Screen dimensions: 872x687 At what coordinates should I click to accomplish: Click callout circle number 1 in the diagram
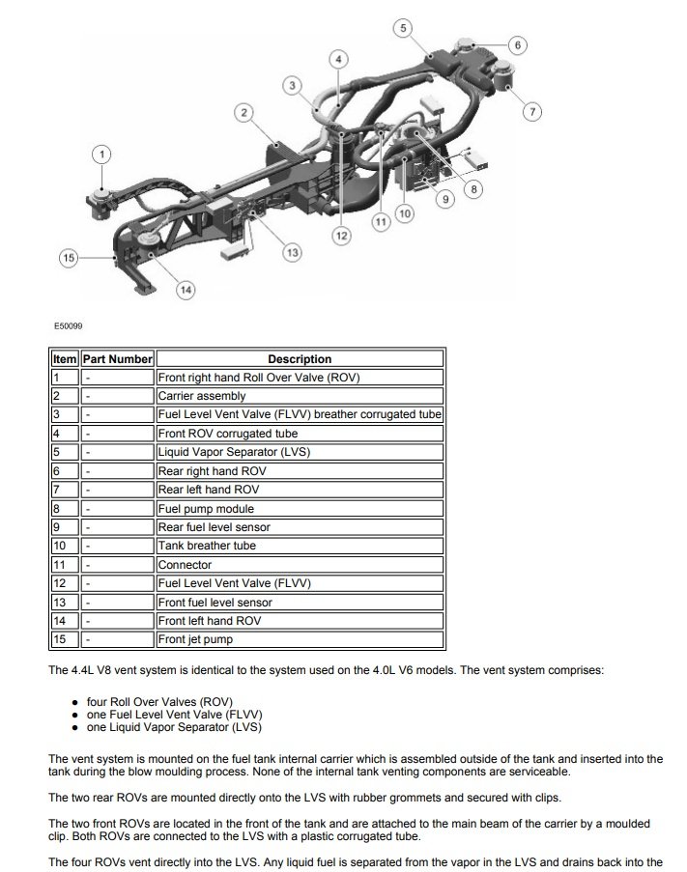click(103, 154)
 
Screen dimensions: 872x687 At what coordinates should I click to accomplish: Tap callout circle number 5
click(403, 28)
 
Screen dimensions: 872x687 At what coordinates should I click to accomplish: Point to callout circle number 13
click(291, 252)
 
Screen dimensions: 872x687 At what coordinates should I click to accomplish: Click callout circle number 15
click(68, 258)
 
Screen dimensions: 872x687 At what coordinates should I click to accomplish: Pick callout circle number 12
click(340, 235)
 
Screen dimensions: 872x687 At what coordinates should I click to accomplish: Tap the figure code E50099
click(68, 326)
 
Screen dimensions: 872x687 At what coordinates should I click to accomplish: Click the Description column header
click(300, 359)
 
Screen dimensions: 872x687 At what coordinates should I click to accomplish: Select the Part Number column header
click(117, 359)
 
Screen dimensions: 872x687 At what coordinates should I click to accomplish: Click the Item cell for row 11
click(64, 565)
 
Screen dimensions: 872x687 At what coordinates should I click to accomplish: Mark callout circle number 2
click(245, 113)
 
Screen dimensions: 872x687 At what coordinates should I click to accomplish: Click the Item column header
click(64, 359)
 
